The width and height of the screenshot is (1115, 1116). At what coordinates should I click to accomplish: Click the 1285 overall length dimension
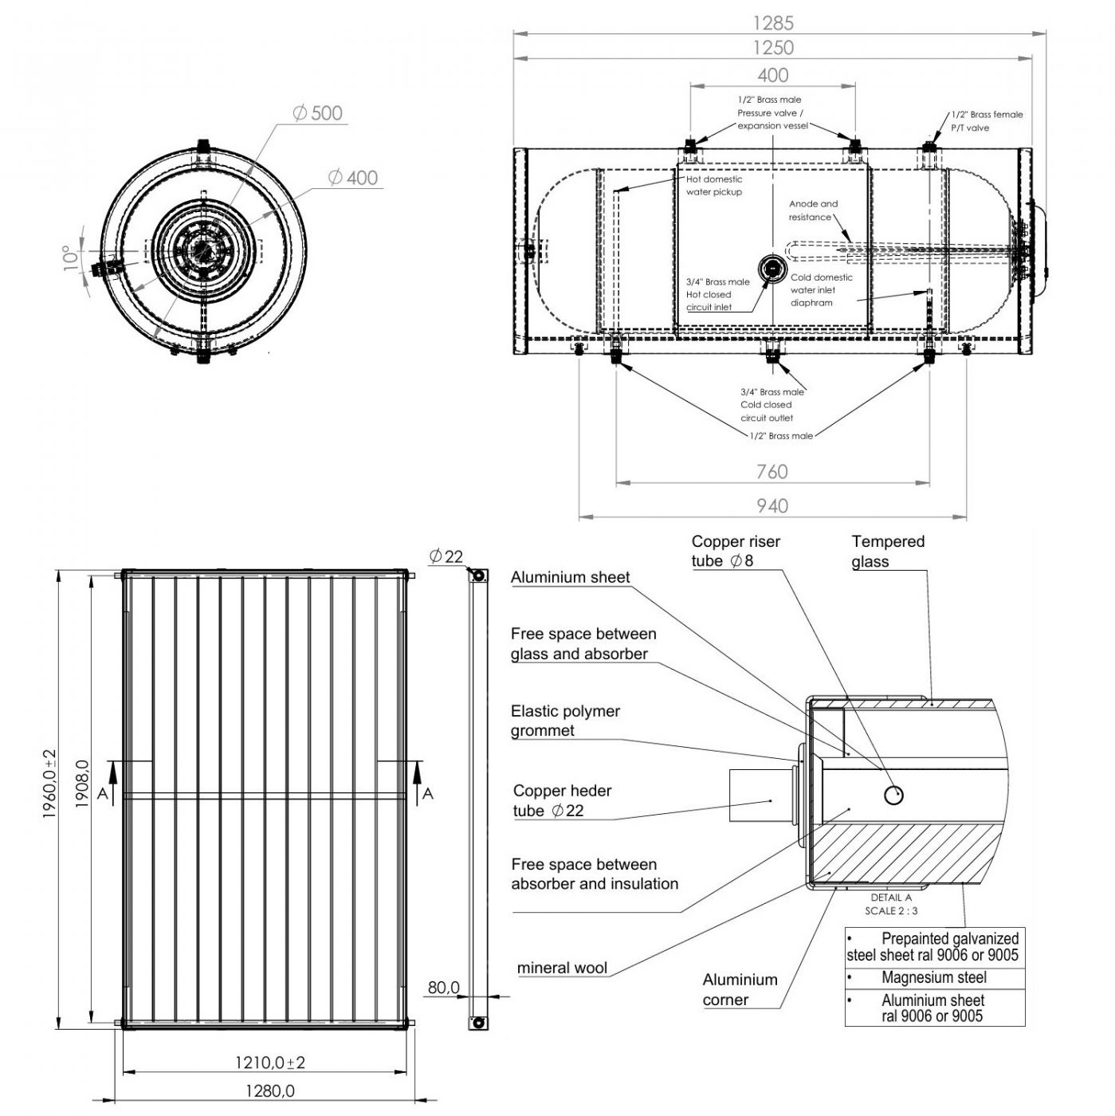772,23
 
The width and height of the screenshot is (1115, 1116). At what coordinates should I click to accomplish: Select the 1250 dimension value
772,48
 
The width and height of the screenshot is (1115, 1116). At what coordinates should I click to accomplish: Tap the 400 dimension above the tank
772,75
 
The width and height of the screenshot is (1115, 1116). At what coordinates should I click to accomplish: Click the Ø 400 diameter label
352,178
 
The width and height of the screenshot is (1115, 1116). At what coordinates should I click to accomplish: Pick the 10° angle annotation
74,257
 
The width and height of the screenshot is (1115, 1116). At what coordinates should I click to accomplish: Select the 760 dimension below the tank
771,471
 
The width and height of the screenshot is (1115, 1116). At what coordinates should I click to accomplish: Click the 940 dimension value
771,505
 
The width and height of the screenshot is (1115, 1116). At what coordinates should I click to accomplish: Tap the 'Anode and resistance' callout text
813,210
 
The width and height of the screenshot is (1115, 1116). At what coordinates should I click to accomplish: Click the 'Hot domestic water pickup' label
714,186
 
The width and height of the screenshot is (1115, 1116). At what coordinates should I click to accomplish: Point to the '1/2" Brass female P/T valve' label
987,121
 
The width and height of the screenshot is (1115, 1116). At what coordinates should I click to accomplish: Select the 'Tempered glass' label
887,552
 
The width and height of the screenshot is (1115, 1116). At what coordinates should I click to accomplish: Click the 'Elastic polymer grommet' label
565,721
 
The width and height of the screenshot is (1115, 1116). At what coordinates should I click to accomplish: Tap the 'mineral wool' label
562,969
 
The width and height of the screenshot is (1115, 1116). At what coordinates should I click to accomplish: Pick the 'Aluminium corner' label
740,989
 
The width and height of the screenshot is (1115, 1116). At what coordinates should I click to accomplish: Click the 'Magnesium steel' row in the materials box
934,977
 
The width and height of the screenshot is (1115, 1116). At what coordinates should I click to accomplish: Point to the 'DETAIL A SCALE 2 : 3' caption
891,904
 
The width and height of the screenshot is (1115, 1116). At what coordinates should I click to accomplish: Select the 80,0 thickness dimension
443,988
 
